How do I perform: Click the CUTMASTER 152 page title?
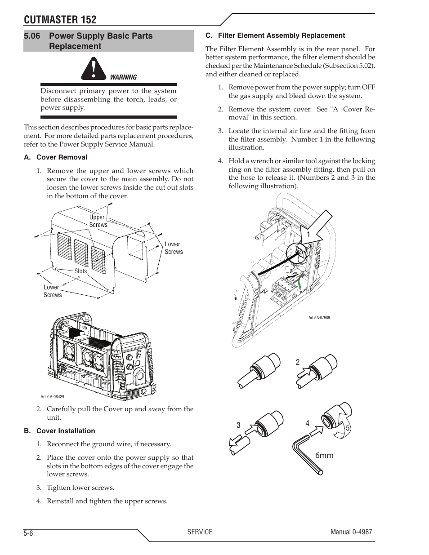pos(60,19)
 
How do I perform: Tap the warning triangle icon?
pos(94,70)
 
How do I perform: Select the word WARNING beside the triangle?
pos(123,77)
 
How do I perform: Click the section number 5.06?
pos(33,36)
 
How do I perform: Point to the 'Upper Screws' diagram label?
pos(98,221)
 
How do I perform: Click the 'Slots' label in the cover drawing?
pos(80,271)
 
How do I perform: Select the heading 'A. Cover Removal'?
pos(55,157)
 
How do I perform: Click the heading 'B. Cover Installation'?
pos(59,431)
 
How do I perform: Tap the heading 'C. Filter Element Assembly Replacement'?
pos(275,36)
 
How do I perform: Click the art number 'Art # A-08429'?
pos(52,397)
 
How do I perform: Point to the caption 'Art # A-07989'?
pos(319,318)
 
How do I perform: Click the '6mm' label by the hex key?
pos(324,455)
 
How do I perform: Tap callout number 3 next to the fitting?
pos(238,425)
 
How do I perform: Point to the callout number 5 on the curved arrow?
pos(347,429)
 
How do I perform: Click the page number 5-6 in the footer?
pos(29,533)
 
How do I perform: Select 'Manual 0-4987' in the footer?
pos(351,532)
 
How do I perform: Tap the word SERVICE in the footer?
pos(200,532)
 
